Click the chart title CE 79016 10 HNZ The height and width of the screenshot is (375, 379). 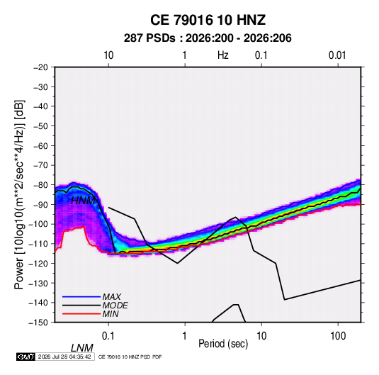point(208,20)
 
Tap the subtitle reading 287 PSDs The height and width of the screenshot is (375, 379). point(149,38)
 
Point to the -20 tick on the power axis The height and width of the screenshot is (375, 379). point(40,67)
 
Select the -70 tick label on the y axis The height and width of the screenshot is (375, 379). point(40,165)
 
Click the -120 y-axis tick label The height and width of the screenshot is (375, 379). point(38,264)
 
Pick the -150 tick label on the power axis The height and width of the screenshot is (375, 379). point(38,323)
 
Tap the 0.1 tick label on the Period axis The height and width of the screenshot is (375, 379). point(108,336)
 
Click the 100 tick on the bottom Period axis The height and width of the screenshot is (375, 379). point(338,336)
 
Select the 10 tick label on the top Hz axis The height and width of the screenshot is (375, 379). point(108,55)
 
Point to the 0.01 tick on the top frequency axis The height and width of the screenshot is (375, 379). point(337,55)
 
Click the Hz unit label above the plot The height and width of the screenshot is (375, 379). point(222,55)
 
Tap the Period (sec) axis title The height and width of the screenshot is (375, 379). point(223,344)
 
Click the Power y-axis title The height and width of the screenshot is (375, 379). point(19,194)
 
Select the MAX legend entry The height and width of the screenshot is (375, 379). point(111,297)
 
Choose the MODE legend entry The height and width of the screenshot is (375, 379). point(115,306)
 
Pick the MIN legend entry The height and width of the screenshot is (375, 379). point(111,314)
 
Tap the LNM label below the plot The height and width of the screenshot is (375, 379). point(82,348)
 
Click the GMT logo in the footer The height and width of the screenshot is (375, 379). point(26,357)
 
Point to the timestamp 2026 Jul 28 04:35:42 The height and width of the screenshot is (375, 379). point(64,357)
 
